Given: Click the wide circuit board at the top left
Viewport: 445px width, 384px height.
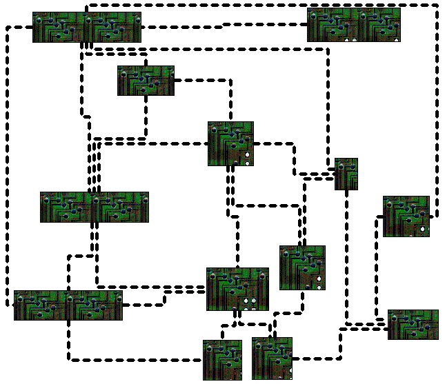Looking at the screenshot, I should tap(86, 28).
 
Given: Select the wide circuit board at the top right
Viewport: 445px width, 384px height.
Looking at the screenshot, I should tap(353, 26).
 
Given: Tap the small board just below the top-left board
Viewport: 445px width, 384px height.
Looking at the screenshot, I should tap(146, 81).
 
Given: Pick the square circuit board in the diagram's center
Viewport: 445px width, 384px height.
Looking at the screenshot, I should tap(230, 143).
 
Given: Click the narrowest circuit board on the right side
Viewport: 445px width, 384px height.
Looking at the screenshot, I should tap(346, 174).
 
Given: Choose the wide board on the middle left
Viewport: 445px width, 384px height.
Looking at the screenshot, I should tap(95, 207).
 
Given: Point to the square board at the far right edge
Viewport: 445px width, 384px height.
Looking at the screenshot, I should tap(406, 216).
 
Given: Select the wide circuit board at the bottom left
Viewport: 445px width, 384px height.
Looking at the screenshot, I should tap(68, 305).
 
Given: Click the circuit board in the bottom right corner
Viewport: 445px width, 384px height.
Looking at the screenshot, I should tap(413, 325).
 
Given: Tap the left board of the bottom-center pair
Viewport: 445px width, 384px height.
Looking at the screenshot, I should tap(222, 359).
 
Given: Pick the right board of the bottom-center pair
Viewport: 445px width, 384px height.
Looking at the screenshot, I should tap(272, 358).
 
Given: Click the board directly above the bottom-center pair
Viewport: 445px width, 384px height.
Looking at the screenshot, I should tap(237, 289).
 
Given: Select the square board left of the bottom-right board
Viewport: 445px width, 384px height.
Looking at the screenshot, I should tap(302, 267).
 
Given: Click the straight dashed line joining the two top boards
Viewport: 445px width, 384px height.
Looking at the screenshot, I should tap(224, 27).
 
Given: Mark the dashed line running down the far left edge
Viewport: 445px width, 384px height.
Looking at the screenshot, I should tap(6, 165).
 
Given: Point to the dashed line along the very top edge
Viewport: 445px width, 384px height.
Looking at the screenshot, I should tap(262, 5).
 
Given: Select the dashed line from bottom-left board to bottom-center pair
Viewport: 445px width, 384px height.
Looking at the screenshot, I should tap(138, 359).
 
